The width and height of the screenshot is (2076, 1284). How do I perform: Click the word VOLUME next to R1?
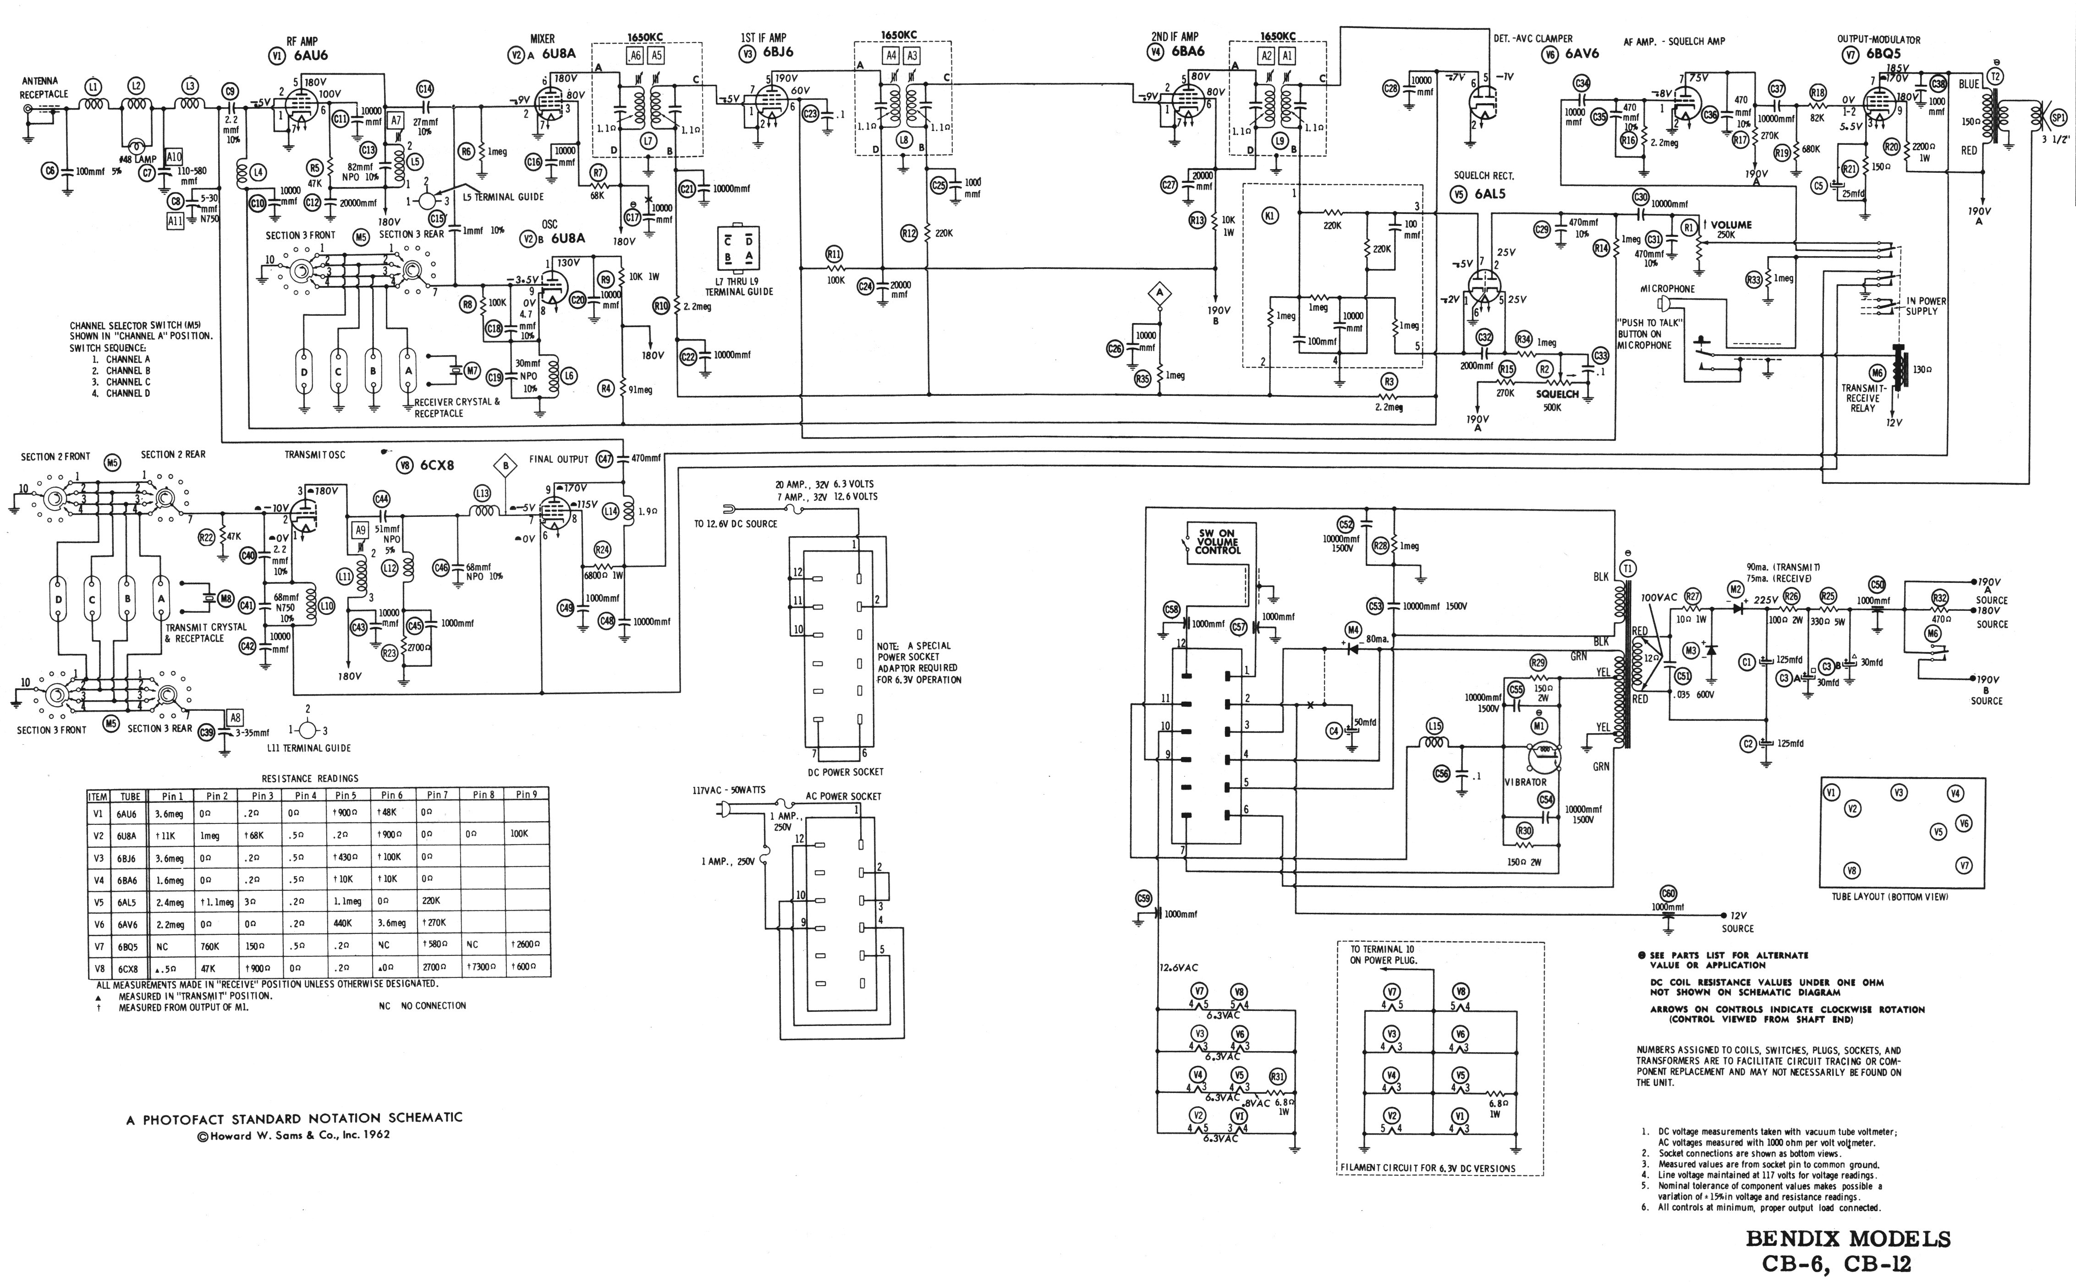(1731, 225)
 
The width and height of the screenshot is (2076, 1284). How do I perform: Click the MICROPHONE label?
(1667, 289)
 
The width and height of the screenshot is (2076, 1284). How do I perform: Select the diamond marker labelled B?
(506, 466)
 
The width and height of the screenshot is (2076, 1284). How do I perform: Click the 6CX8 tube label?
(436, 466)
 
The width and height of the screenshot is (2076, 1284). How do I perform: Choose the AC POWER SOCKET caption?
(843, 796)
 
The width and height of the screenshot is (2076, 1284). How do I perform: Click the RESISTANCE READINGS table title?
(310, 778)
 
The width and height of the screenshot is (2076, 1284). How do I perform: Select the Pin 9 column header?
(527, 796)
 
